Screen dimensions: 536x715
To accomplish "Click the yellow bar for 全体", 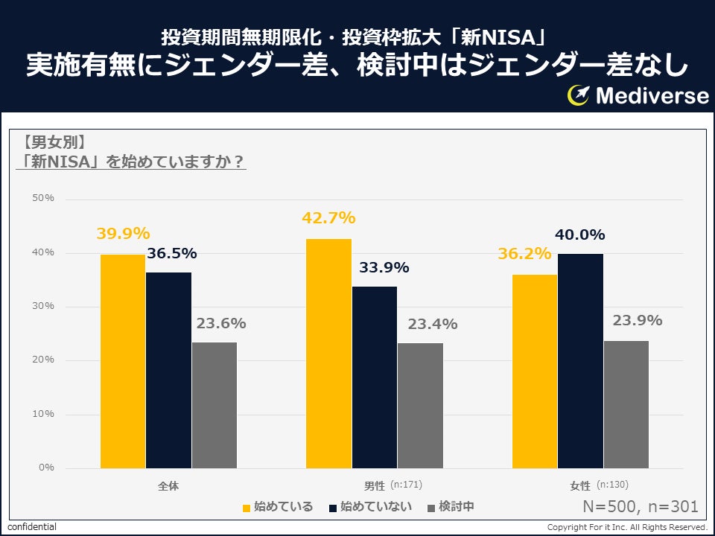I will [x=123, y=361].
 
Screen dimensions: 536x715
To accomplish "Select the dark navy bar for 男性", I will [x=375, y=377].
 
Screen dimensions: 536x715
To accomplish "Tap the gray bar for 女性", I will [x=626, y=404].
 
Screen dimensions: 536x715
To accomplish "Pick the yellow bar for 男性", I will [x=328, y=353].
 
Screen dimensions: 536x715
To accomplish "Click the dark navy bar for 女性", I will [x=580, y=360].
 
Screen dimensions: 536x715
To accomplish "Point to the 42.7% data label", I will [x=328, y=219].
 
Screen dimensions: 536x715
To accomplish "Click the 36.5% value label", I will [x=171, y=254].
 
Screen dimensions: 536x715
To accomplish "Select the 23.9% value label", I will [x=637, y=321].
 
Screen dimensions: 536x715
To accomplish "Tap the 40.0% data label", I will [x=579, y=235].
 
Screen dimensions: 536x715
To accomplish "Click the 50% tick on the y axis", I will [x=43, y=198].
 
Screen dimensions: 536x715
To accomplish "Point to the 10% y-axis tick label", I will [x=43, y=414].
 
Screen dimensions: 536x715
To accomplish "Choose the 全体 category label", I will [x=168, y=486].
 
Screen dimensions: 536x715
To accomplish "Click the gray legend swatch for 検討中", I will [x=431, y=508].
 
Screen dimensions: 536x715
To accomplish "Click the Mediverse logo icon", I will [x=579, y=95].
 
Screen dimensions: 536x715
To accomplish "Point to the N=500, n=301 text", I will [x=641, y=507].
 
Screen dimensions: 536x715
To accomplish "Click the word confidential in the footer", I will [x=32, y=527].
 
